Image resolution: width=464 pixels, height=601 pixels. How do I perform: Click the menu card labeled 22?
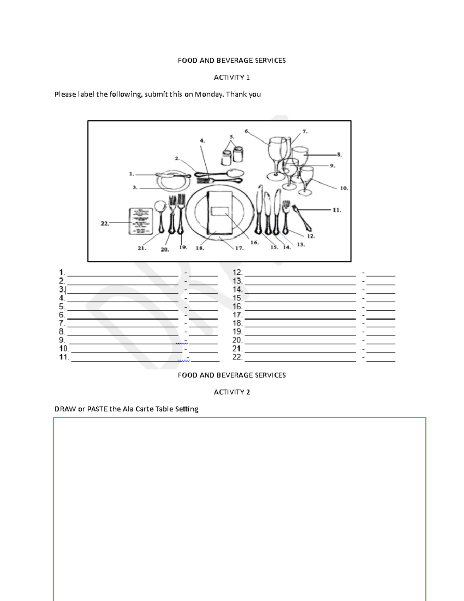click(x=140, y=221)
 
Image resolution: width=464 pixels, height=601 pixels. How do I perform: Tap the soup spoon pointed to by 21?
click(x=160, y=207)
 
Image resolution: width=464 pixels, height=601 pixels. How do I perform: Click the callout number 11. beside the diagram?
click(x=337, y=210)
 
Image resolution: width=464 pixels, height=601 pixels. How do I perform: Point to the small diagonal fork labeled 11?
click(x=302, y=217)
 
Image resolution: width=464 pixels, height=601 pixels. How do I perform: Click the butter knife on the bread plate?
click(x=173, y=175)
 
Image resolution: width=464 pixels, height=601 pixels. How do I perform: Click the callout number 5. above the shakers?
click(x=232, y=137)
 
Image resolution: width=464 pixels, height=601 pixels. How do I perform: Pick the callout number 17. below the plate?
click(x=239, y=248)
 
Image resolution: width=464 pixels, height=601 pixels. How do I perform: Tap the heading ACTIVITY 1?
click(x=232, y=77)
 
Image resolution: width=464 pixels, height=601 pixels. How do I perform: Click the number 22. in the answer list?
click(x=237, y=357)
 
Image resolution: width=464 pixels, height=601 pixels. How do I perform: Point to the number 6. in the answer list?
click(x=62, y=315)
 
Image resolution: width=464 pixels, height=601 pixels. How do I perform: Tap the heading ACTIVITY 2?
click(x=232, y=392)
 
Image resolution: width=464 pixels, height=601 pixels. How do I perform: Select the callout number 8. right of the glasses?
click(x=339, y=154)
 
